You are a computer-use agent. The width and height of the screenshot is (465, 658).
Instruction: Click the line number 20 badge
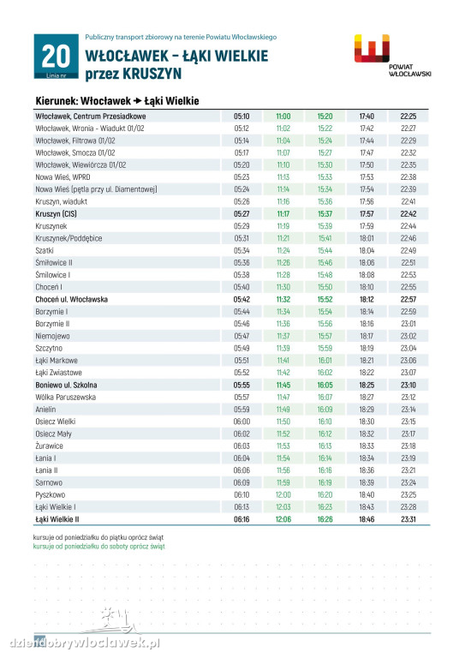point(57,57)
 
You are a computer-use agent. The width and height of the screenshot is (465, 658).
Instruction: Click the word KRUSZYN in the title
point(152,75)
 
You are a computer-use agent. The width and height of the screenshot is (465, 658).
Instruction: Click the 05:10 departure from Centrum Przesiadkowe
point(241,117)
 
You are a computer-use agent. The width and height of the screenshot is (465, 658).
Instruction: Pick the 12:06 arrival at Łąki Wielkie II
point(283,519)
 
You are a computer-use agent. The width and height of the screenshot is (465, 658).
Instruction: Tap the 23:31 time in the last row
point(408,519)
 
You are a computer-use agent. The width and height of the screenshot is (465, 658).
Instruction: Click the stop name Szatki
point(45,250)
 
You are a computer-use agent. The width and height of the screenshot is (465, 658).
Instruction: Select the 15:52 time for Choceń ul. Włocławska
point(325,299)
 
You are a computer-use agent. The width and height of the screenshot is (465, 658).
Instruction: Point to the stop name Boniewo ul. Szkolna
point(66,385)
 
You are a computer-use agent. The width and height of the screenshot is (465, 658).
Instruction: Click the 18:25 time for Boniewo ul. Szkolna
point(367,385)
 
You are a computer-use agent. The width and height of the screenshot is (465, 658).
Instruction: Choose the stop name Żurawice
point(49,446)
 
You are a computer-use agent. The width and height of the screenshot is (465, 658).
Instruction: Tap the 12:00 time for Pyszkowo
point(283,494)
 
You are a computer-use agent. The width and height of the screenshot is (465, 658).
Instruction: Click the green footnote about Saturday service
point(99,547)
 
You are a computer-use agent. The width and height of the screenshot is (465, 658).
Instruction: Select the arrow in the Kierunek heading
point(138,101)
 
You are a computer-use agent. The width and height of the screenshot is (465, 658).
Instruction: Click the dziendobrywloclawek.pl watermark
point(84,643)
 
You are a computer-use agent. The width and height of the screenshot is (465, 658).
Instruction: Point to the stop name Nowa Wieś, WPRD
point(63,177)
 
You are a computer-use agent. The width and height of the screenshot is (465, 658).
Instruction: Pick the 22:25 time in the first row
point(408,117)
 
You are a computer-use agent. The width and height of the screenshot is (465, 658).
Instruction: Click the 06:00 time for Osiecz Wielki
point(241,422)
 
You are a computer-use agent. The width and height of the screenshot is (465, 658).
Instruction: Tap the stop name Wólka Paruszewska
point(65,397)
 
